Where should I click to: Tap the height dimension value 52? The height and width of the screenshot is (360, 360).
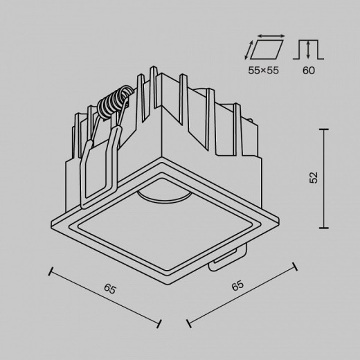(313, 179)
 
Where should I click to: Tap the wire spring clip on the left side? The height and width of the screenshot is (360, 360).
(97, 166)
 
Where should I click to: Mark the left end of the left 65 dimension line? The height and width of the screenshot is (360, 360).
(53, 271)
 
